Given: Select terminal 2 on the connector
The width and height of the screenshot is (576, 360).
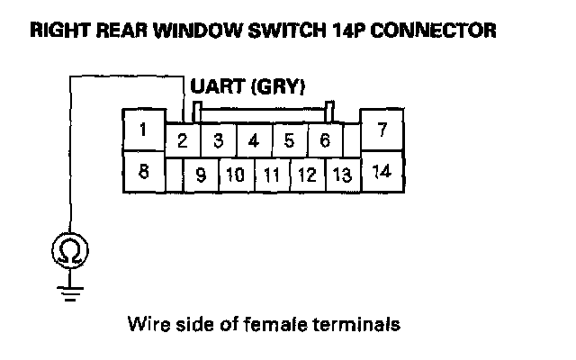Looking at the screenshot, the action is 182,140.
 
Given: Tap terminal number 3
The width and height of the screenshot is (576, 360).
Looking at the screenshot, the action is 217,140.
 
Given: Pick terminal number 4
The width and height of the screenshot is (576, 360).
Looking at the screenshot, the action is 253,140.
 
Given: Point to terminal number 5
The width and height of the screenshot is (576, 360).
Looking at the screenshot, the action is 289,140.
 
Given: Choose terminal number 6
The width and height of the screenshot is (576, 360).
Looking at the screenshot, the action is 324,140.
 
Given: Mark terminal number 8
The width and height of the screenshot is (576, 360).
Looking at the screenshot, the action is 142,171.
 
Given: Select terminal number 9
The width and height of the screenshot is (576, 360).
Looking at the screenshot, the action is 200,175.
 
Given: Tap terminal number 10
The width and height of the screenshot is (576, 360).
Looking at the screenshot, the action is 235,175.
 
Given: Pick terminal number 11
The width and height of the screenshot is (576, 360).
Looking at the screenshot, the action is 271,175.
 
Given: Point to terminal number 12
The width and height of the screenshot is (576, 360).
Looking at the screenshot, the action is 307,175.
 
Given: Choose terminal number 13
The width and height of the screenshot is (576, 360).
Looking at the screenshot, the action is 341,175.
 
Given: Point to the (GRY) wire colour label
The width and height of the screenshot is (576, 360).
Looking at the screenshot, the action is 278,87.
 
